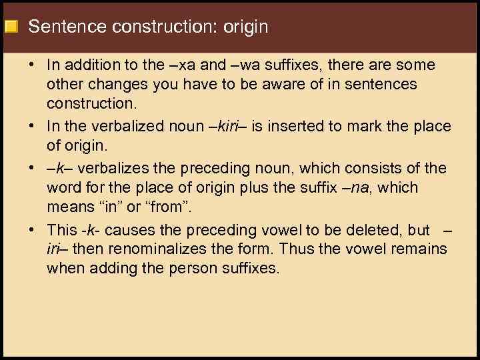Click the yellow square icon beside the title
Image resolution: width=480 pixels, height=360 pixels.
11,27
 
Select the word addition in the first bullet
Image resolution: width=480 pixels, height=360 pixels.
93,65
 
